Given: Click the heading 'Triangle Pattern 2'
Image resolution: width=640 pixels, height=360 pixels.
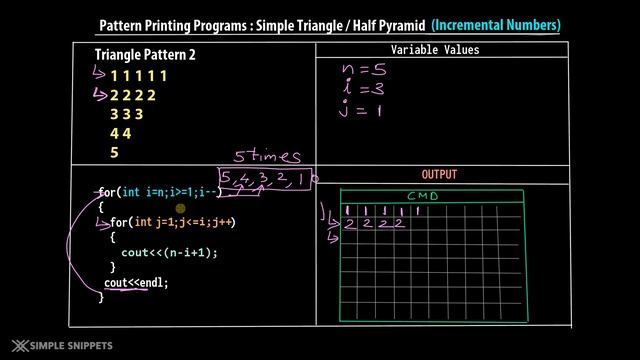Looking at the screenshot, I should pyautogui.click(x=145, y=54).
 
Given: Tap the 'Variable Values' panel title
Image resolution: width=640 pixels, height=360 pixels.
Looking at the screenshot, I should pyautogui.click(x=435, y=50).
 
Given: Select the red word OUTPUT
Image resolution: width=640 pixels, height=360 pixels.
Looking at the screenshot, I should pyautogui.click(x=439, y=174).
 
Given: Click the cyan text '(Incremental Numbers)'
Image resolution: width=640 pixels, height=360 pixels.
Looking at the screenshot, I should pyautogui.click(x=496, y=24).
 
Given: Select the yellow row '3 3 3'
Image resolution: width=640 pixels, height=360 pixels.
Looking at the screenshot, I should pyautogui.click(x=126, y=114).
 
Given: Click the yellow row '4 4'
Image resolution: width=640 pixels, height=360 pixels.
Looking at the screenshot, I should pyautogui.click(x=120, y=133).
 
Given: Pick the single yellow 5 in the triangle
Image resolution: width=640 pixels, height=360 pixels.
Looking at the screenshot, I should pyautogui.click(x=115, y=152).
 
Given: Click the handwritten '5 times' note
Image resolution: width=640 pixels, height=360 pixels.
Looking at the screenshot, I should pyautogui.click(x=268, y=156).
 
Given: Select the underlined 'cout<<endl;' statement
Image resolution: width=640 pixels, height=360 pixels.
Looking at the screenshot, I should pyautogui.click(x=137, y=283).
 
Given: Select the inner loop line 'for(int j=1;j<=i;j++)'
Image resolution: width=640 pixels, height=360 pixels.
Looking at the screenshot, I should pyautogui.click(x=172, y=222).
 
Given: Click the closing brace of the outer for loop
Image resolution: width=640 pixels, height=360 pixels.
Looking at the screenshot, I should pyautogui.click(x=101, y=297).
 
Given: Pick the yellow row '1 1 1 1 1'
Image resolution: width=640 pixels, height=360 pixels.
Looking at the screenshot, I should pyautogui.click(x=139, y=76).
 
